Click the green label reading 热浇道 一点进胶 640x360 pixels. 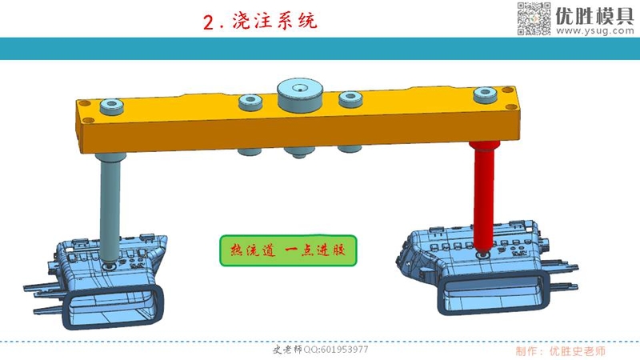[x=286, y=250]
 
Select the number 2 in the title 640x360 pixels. [x=210, y=22]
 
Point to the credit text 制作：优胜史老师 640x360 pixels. [x=559, y=350]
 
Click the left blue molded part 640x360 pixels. [x=96, y=272]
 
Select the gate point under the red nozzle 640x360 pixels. [x=483, y=253]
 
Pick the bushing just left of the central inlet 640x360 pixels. [x=253, y=102]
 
